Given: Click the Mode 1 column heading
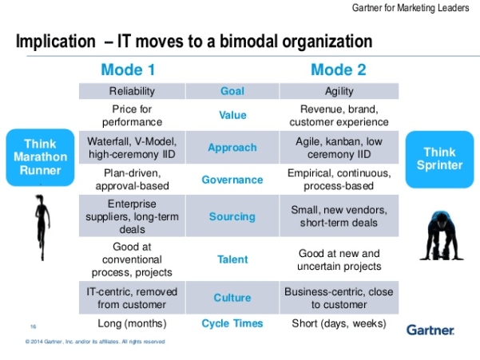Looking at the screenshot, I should tap(131, 69).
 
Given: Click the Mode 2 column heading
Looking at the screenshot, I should tap(338, 69).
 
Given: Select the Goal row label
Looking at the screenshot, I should tap(232, 92).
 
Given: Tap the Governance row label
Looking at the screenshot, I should tap(232, 180).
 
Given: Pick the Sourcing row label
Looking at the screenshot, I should tap(232, 216).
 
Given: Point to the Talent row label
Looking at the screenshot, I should tap(232, 259).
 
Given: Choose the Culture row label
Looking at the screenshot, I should tap(232, 298).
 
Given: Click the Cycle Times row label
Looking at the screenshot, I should tap(232, 323).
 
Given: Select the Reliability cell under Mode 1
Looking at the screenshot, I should tap(132, 92).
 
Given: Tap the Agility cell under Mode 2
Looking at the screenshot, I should tap(339, 92).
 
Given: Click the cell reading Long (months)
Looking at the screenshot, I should tap(132, 323).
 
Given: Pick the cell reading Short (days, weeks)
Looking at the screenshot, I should tap(339, 323).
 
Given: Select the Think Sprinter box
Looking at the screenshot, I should tap(439, 159).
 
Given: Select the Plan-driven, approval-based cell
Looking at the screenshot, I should tap(132, 180).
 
